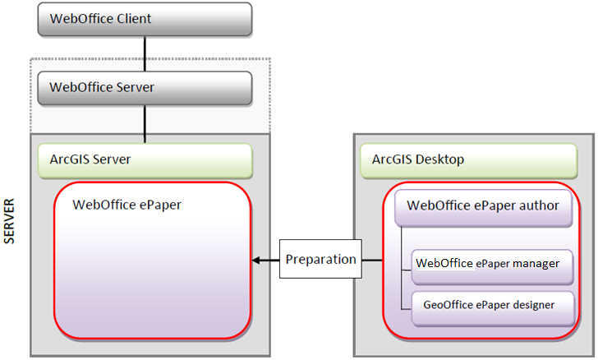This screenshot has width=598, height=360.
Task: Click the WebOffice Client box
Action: point(145,19)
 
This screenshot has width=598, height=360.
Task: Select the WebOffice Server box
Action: point(145,87)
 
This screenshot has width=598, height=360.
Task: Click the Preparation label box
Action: point(321,260)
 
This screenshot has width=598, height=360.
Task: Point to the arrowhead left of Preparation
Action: point(256,261)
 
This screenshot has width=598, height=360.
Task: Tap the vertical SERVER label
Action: point(11,221)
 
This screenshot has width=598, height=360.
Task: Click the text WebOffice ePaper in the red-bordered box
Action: point(126,205)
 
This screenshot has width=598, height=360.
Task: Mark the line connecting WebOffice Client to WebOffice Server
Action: point(145,53)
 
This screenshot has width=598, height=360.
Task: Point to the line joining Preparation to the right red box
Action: point(372,261)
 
